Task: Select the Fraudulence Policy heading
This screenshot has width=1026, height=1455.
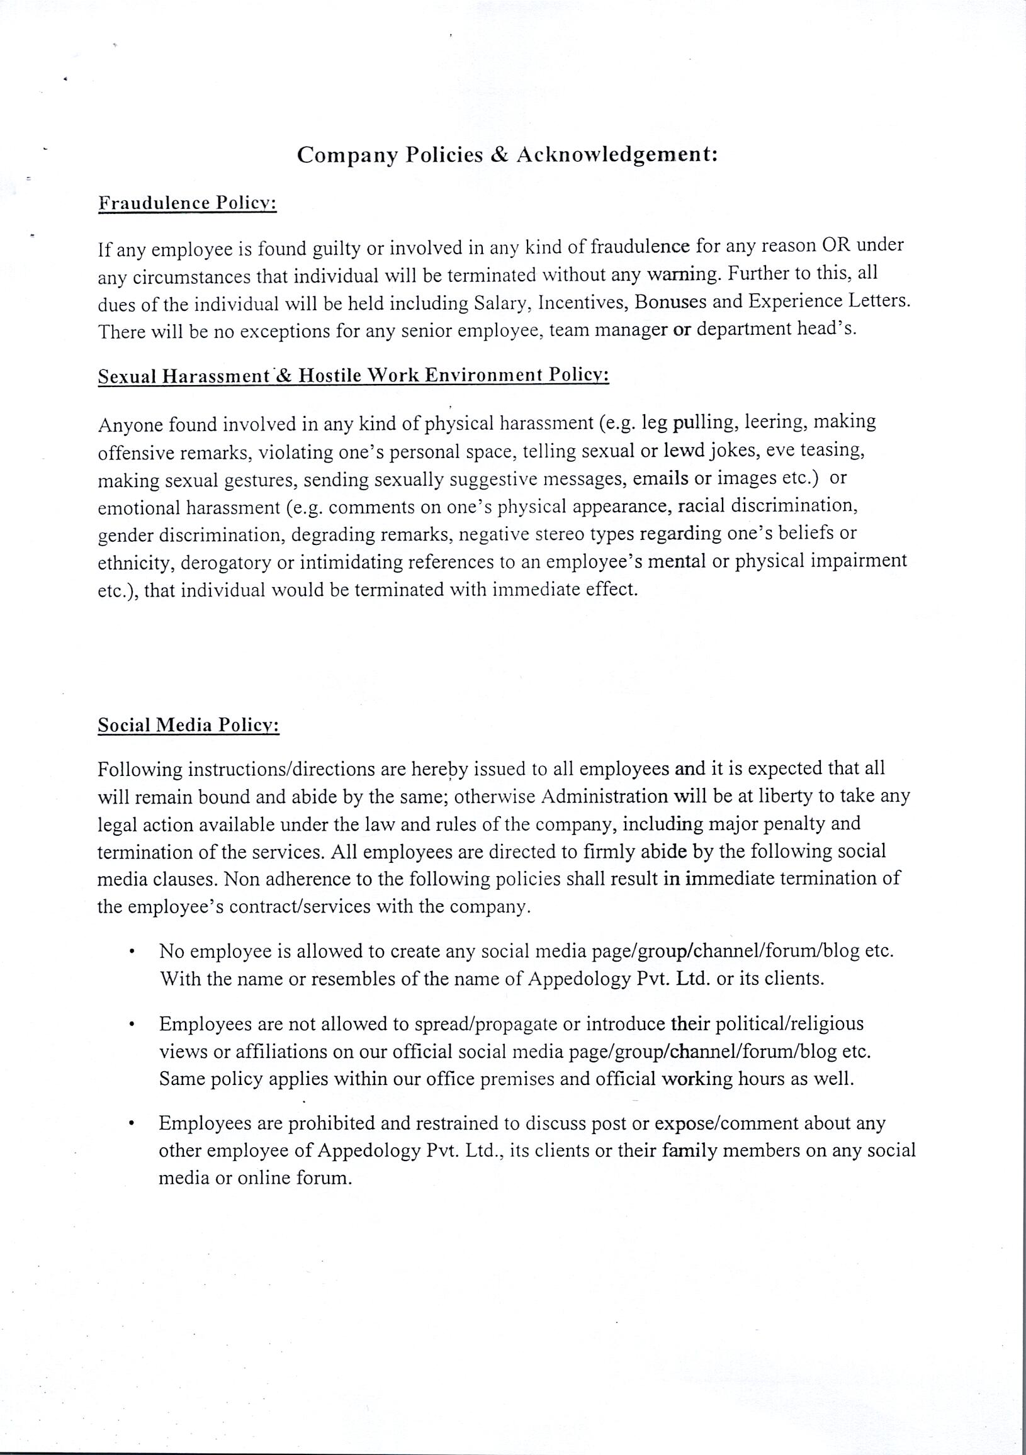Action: (188, 203)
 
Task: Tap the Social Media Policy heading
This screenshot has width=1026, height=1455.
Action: (189, 726)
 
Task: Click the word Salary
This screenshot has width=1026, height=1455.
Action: (500, 303)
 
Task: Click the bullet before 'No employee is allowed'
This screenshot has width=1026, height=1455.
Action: (130, 952)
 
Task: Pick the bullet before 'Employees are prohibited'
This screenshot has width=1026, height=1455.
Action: (130, 1124)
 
